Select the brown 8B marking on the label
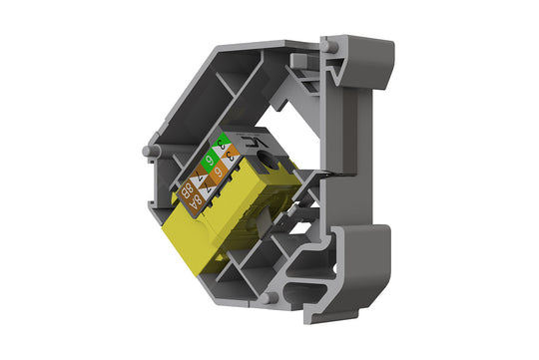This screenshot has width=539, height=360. coord(187,189)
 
